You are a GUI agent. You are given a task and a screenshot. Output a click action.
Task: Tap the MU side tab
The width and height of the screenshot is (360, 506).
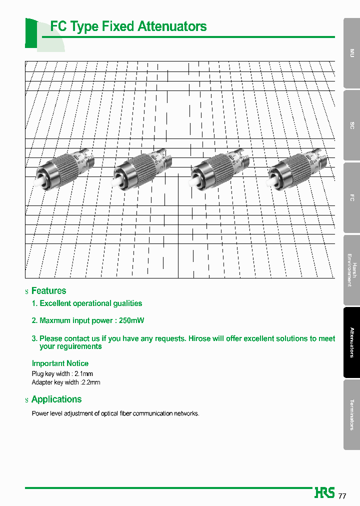coord(352,52)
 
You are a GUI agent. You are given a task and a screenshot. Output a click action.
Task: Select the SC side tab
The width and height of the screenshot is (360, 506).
coord(352,125)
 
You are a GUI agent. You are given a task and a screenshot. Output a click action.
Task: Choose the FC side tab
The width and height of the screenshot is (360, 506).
coord(352,197)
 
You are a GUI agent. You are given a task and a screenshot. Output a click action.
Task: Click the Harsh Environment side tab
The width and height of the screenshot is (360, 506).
coord(352,270)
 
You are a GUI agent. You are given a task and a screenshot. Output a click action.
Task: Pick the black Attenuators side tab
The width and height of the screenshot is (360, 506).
coord(352,342)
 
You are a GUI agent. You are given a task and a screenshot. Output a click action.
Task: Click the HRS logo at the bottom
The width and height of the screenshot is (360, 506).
coord(324,492)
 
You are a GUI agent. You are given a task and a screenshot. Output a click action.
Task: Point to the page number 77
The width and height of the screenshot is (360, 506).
coord(342,496)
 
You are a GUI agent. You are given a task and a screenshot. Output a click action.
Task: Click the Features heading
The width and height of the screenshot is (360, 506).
coord(48,290)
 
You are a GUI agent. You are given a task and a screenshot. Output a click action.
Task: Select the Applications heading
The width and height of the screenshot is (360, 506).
coord(56,399)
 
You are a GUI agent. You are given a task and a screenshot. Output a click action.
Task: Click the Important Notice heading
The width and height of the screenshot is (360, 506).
coord(60,363)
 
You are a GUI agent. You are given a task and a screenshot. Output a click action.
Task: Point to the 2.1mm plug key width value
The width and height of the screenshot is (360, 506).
coord(84,373)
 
